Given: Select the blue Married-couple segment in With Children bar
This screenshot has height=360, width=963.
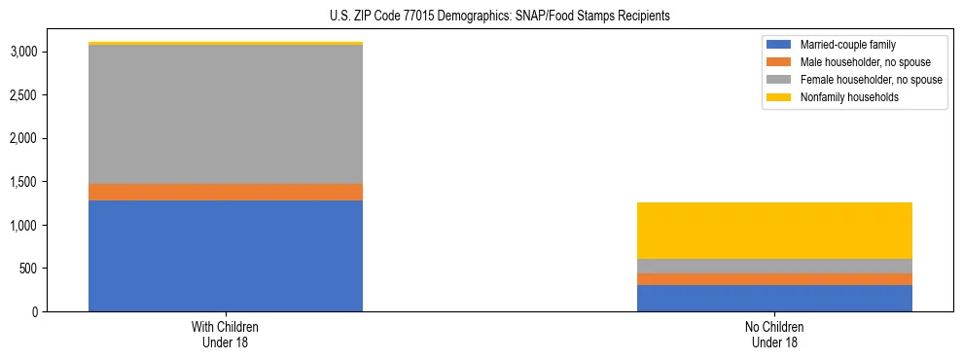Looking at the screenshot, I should point(226,256).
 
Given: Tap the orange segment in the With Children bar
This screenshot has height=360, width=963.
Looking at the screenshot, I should point(226,192).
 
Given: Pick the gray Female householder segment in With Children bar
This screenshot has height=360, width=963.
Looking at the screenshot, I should point(226,115).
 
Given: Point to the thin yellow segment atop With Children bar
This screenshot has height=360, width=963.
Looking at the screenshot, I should point(226,44).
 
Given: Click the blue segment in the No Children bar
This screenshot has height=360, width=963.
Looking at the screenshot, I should point(774,298).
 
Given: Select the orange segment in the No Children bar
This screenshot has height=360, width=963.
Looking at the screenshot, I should point(774,279).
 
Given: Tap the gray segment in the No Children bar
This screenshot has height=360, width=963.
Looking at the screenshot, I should point(774,266).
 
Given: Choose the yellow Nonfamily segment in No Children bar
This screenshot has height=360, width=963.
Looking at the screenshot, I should point(774,231).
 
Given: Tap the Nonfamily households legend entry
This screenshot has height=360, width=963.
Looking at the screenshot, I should point(842,97).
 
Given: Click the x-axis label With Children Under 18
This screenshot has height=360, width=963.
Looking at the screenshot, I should point(226,335).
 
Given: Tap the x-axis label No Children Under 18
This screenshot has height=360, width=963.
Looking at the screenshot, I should point(774,335).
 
